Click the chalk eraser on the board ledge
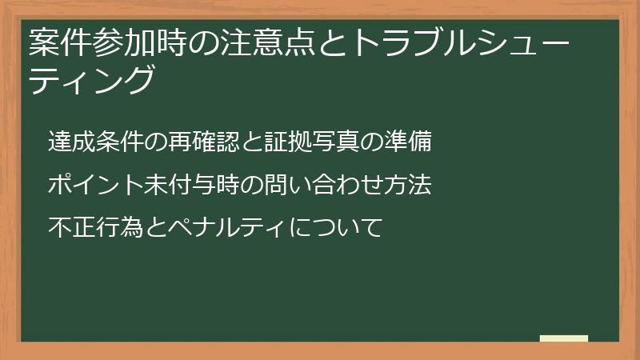point(564,339)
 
